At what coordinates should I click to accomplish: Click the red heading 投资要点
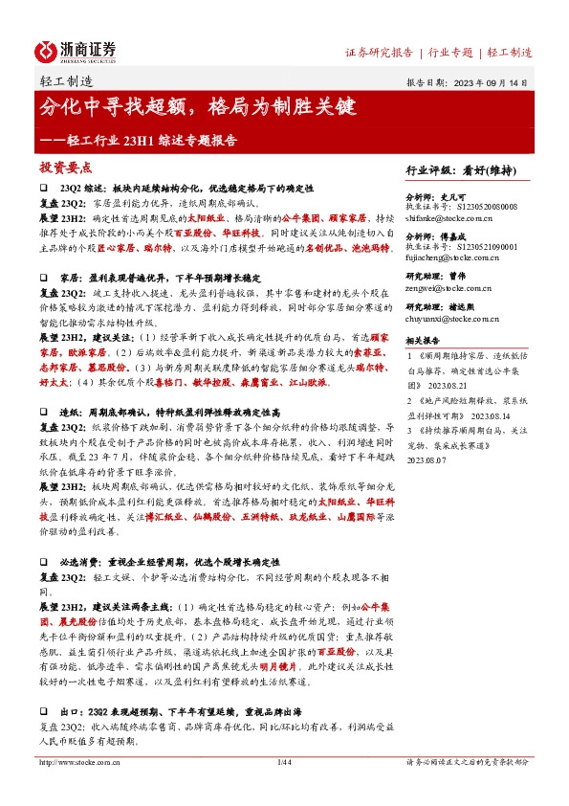[60, 168]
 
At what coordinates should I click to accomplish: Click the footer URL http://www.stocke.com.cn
[81, 790]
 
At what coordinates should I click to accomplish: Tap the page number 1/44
[283, 790]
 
